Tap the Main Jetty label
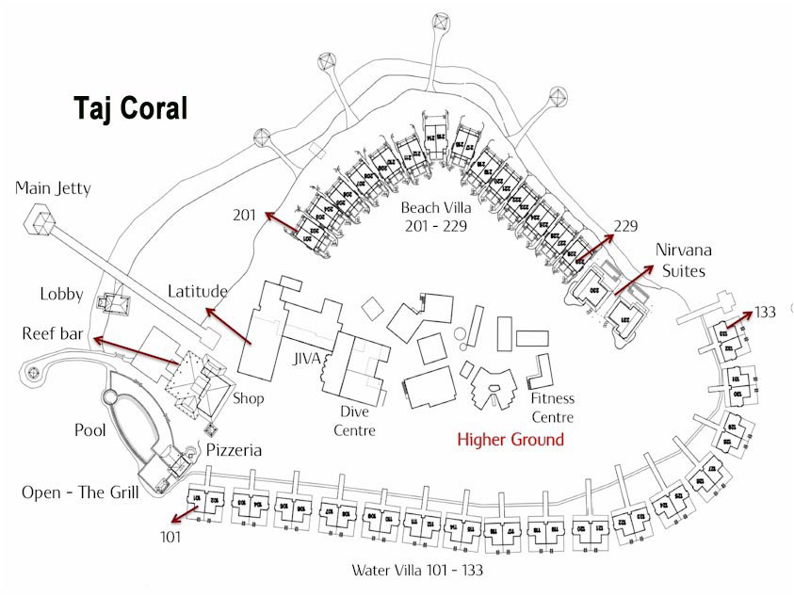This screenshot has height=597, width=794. coord(53,188)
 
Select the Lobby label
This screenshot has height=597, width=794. coord(62,294)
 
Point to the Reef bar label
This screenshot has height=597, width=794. coord(49,334)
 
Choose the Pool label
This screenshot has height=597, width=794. coord(90,430)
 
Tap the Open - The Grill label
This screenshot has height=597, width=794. coord(81,492)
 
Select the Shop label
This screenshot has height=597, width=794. coord(250,398)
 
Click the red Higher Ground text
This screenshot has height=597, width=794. coord(510,440)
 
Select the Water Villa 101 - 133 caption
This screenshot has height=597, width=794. coord(418,570)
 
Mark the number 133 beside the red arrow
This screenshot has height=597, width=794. coord(766,313)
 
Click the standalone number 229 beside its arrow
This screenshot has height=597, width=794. coord(624,226)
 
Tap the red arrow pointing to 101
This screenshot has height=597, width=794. coord(185,513)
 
